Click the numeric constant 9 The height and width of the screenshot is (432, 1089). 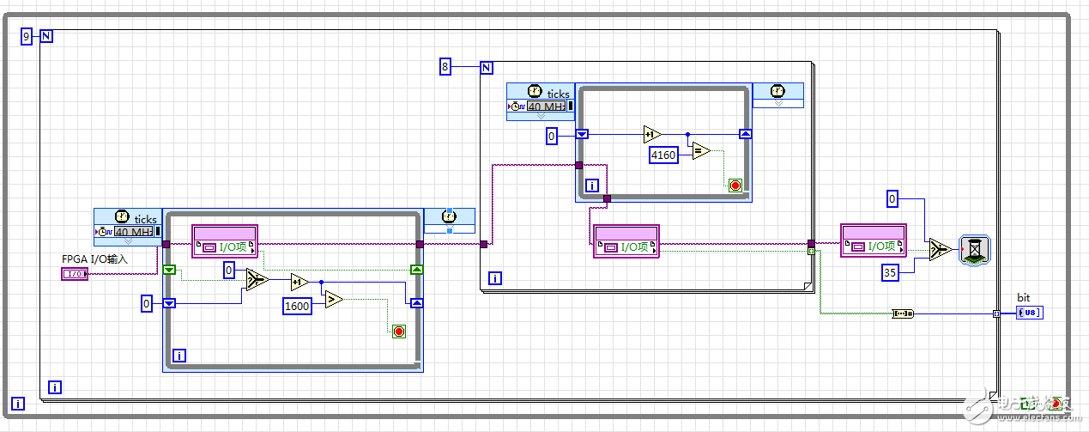[x=26, y=36]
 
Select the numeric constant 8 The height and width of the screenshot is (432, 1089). [x=445, y=66]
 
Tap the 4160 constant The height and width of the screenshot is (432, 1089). [x=663, y=155]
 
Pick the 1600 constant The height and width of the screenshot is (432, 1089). [x=298, y=305]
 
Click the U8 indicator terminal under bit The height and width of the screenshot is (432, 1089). [x=1030, y=313]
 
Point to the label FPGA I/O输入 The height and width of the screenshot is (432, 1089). [x=94, y=259]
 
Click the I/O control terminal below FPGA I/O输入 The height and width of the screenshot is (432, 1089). [x=75, y=274]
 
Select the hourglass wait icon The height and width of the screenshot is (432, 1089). [x=976, y=249]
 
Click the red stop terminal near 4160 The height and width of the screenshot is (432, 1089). [x=735, y=185]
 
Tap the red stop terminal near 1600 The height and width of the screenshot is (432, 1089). [x=398, y=331]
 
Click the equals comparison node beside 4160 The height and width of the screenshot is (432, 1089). [x=701, y=151]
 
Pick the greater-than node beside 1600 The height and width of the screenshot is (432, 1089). [x=333, y=300]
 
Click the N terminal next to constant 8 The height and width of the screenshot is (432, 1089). [x=486, y=67]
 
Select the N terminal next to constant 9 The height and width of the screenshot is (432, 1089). [x=46, y=36]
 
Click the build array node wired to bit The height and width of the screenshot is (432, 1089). [x=903, y=313]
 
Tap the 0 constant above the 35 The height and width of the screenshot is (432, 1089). [x=892, y=199]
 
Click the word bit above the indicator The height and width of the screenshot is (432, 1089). [x=1023, y=297]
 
